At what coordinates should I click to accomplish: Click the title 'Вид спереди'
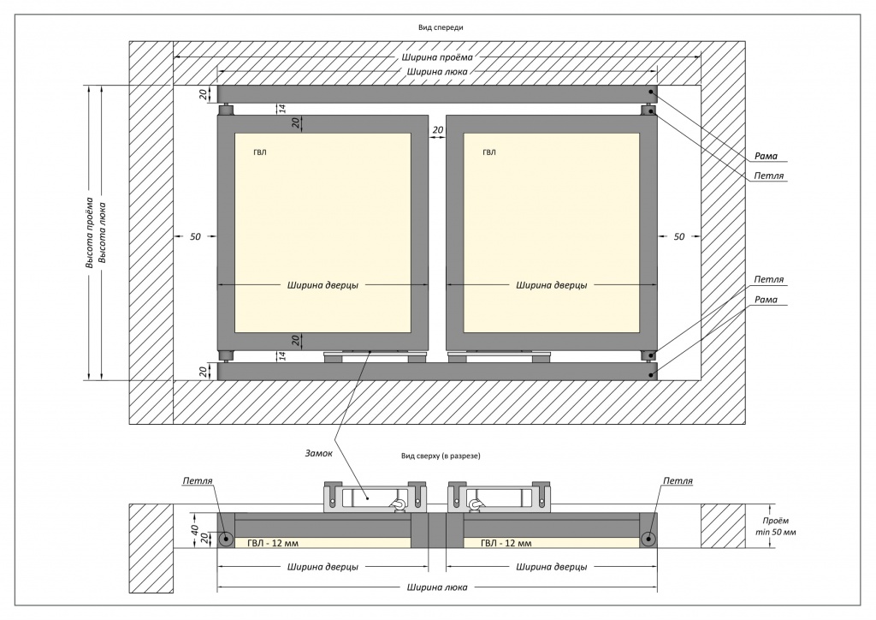coord(441,27)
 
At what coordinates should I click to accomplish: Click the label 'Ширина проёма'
coord(437,57)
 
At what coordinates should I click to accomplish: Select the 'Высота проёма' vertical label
coord(89,233)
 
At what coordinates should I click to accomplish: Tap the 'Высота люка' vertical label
coord(103,233)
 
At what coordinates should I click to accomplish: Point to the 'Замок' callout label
coord(318,453)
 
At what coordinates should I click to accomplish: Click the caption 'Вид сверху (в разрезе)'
coord(441,456)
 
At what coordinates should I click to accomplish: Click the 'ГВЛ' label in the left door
coord(260,152)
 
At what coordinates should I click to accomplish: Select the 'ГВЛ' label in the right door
coord(488,152)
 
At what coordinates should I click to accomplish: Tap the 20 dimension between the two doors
coord(437,129)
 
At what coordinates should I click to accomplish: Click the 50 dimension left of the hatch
coord(195,236)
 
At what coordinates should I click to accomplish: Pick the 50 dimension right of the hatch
coord(678,236)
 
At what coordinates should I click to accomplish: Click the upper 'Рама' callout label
coord(766,156)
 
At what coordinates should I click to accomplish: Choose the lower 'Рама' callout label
coord(766,300)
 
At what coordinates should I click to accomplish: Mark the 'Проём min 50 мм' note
coord(775,527)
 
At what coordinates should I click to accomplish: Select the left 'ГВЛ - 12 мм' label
coord(273,543)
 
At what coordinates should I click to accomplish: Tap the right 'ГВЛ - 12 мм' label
coord(506,543)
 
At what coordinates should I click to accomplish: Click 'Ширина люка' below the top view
coord(437,587)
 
